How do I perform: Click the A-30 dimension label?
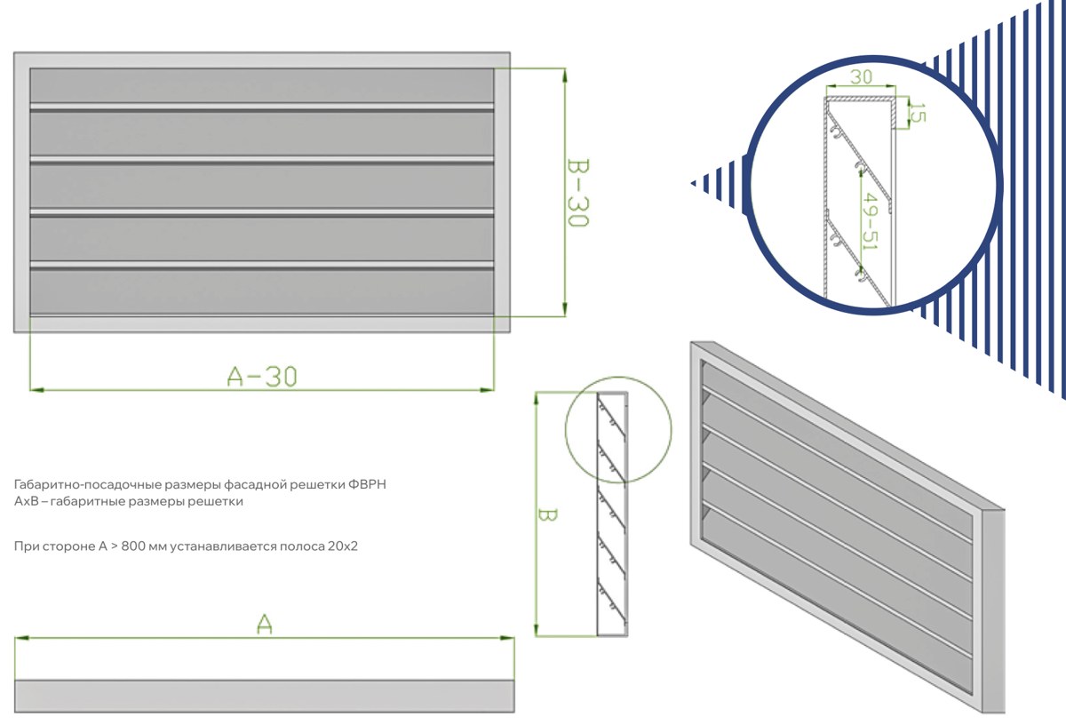pos(262,377)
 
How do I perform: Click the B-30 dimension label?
pos(578,193)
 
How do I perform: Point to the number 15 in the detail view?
pos(919,113)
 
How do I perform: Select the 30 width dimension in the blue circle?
pos(861,76)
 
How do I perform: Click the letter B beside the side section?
pos(547,514)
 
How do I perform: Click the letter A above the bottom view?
pos(265,624)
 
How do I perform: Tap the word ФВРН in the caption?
pos(367,484)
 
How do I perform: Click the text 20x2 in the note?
pos(342,546)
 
